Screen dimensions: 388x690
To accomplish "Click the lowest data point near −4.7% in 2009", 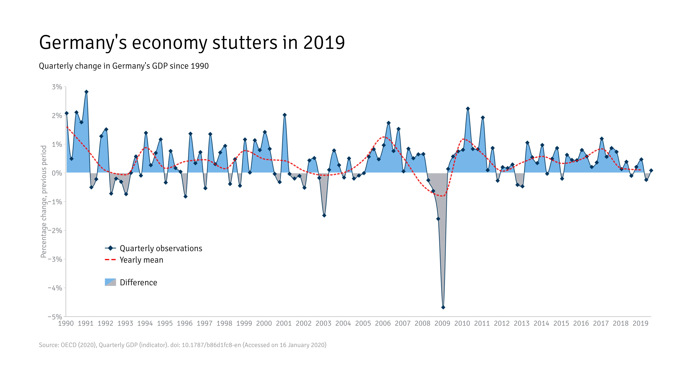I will tap(443, 307).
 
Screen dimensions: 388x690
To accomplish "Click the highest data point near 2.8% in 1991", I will tap(86, 92).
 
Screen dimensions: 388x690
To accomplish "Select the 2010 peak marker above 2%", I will tap(468, 109).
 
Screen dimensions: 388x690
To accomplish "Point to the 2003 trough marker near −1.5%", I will tap(324, 215).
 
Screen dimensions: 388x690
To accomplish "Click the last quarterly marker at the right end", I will tap(651, 170).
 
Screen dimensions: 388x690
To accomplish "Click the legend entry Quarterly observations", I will tap(161, 248).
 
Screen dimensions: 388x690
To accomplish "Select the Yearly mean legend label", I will tap(141, 260).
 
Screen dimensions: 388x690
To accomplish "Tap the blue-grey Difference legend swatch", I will tap(110, 282).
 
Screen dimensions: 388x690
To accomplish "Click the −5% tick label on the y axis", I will tap(55, 317).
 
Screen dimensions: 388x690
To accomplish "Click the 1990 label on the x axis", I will tap(66, 324).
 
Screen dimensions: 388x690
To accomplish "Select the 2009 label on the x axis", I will tap(442, 324).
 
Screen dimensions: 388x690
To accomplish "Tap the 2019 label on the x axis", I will tap(640, 324).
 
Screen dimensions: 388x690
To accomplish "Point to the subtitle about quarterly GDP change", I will tap(124, 66).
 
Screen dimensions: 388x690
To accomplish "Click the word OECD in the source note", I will tap(69, 345).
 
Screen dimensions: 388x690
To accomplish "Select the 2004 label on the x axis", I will tap(343, 324).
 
